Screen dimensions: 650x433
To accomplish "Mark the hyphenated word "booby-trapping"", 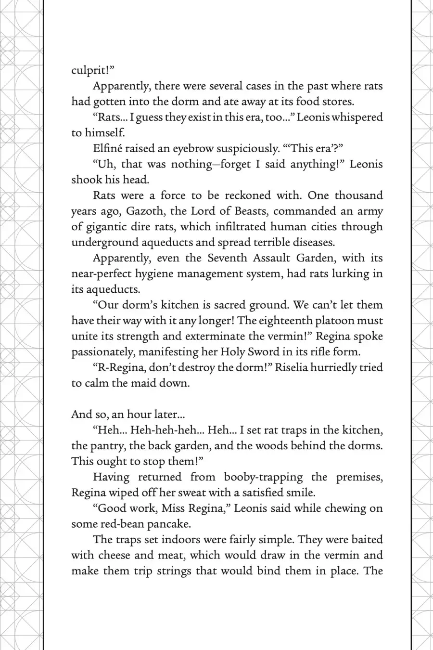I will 263,477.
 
